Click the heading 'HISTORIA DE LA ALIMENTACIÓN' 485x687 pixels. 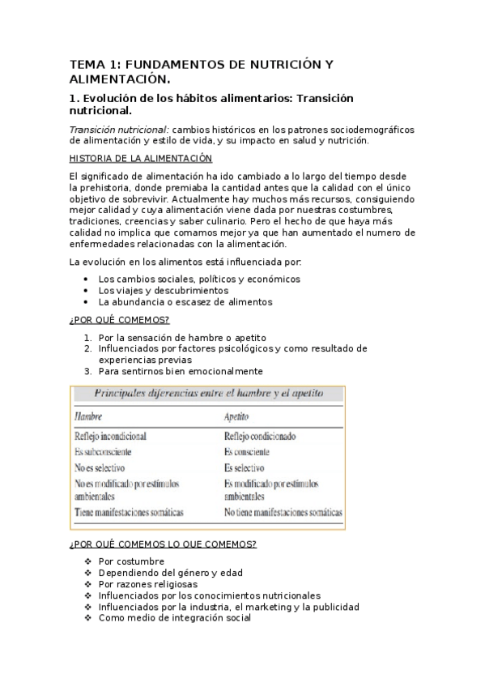[141, 158]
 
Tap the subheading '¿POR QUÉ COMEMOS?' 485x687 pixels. [120, 319]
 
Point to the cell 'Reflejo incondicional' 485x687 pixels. [113, 436]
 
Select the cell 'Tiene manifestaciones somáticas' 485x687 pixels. [130, 512]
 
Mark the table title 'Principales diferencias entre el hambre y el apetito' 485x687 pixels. [209, 394]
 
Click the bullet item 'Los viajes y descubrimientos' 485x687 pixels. [164, 290]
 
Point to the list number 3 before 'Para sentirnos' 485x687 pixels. [87, 371]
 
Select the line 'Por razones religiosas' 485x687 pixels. [147, 583]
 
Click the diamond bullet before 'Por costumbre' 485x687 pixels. [87, 561]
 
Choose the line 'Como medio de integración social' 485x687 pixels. [174, 617]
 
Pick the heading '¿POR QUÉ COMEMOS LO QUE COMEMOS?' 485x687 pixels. [164, 544]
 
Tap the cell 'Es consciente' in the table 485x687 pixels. [247, 452]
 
